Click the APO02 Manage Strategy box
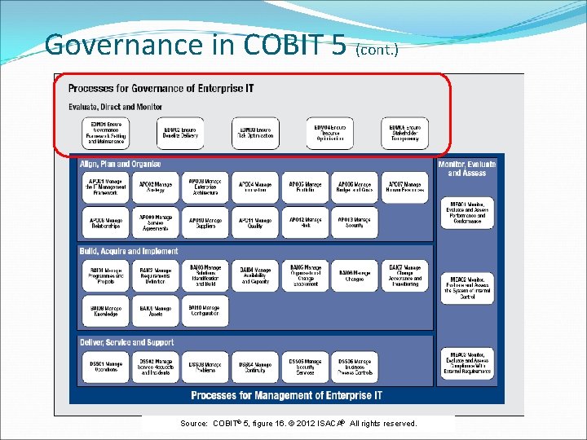point(155,187)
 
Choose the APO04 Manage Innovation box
point(255,187)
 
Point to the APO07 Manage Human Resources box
point(404,187)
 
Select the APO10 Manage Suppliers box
point(205,222)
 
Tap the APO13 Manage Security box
point(355,222)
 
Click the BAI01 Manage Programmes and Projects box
point(105,276)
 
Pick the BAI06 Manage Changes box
point(355,276)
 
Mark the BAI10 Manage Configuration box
point(205,311)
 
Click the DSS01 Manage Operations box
point(105,367)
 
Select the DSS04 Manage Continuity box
point(255,367)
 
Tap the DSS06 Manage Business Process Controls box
point(355,367)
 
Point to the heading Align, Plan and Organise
point(120,164)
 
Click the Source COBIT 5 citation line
point(298,424)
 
